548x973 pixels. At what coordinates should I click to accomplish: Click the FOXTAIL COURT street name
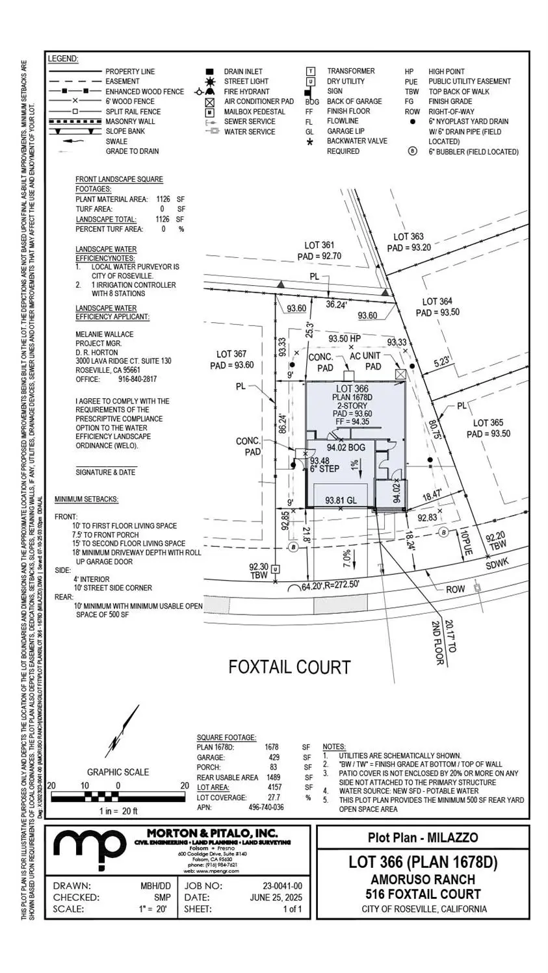pos(289,667)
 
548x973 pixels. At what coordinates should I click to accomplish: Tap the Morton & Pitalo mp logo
pos(89,848)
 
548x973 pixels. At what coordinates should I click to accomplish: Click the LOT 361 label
pos(320,246)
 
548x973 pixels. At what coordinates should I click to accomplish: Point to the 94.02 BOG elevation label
pos(346,448)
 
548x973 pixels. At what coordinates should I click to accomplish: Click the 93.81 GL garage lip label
pos(341,500)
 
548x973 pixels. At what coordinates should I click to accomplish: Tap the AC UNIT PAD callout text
pos(365,361)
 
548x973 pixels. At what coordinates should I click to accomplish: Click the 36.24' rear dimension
pos(336,304)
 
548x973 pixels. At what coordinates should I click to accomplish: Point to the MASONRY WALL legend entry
pos(130,121)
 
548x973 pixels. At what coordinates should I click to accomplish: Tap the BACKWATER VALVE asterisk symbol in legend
pos(310,142)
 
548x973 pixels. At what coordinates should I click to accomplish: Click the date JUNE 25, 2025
pos(276,897)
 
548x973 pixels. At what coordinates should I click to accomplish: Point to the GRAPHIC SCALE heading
pos(118,772)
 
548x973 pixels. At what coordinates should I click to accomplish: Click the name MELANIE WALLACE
pos(105,335)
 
